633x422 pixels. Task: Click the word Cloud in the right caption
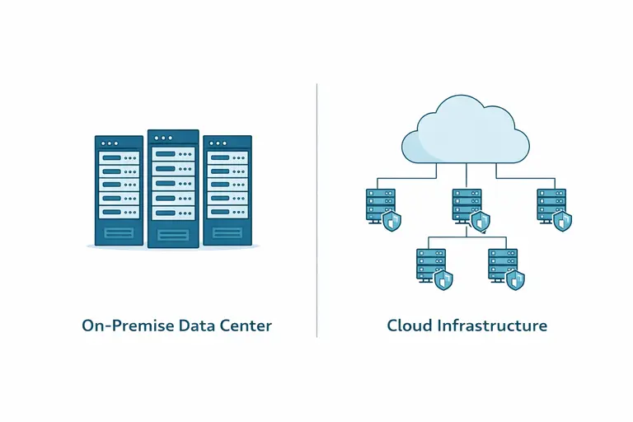[x=410, y=326]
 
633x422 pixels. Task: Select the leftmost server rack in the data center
[x=119, y=190]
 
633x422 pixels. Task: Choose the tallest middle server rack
[x=173, y=188]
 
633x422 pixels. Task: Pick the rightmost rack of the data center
[x=227, y=190]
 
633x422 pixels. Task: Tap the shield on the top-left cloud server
[x=392, y=220]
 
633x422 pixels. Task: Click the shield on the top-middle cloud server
[x=480, y=220]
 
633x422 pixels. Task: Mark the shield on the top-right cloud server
[x=563, y=220]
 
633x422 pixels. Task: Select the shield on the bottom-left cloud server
[x=443, y=279]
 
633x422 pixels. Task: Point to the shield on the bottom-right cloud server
[x=515, y=279]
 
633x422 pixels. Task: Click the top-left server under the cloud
[x=380, y=204]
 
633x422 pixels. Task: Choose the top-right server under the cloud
[x=551, y=204]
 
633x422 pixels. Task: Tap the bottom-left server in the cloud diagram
[x=430, y=264]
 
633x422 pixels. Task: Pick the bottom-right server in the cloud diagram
[x=502, y=264]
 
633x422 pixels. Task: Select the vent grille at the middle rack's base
[x=173, y=235]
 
